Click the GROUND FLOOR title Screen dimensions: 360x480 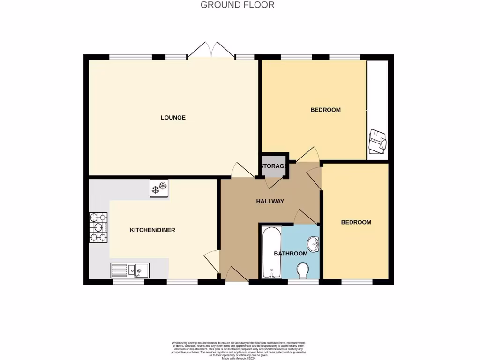click(237, 5)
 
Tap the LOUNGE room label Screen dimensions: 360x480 click(173, 118)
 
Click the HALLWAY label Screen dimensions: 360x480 click(270, 201)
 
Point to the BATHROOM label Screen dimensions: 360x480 click(291, 254)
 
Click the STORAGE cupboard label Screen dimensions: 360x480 click(274, 166)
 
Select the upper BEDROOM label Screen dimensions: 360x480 click(325, 110)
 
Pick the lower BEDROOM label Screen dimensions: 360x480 click(356, 222)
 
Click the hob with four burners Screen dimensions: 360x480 click(98, 228)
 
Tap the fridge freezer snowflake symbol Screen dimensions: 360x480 click(159, 188)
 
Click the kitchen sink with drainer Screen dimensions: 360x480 click(130, 270)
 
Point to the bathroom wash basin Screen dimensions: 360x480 click(313, 244)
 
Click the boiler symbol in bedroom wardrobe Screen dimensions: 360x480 click(377, 141)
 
